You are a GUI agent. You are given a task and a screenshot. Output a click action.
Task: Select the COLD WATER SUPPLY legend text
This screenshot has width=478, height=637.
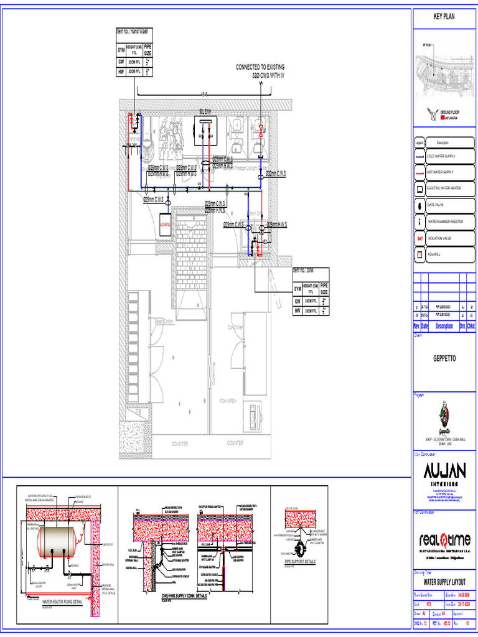(441, 156)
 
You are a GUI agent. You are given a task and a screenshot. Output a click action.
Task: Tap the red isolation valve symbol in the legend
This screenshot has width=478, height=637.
(420, 238)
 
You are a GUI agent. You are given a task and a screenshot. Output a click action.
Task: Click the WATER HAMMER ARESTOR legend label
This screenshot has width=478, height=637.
(445, 221)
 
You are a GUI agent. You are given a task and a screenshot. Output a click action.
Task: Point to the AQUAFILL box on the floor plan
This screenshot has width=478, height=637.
(165, 225)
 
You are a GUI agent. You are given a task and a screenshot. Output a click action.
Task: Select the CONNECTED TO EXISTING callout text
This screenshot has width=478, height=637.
(260, 67)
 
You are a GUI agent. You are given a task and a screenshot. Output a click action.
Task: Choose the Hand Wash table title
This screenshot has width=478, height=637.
(132, 31)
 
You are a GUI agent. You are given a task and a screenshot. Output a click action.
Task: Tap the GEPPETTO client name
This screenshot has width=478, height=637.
(444, 359)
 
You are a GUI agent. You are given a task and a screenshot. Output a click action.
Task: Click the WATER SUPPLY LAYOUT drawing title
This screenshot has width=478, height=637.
(444, 583)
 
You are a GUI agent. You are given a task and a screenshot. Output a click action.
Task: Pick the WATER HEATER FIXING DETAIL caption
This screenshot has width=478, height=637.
(62, 602)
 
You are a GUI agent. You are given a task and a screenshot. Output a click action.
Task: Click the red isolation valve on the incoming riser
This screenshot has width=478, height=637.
(260, 130)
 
